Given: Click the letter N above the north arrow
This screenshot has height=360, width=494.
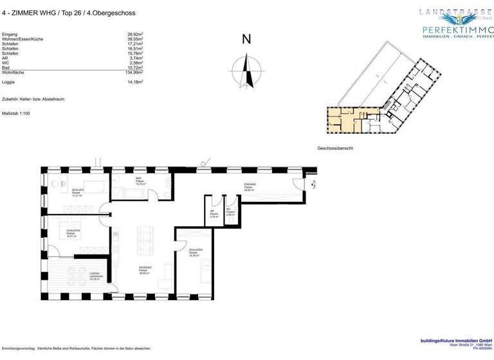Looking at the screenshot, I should point(246,39).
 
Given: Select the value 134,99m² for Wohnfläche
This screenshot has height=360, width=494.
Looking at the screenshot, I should point(134,73).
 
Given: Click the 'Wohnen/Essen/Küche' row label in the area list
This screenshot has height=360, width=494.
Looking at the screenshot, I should point(23,39).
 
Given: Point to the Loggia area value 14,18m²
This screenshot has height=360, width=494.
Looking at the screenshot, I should point(134,82).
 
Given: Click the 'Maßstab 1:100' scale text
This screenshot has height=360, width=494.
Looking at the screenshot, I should point(16,114).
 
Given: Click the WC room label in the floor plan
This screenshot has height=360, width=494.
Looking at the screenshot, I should point(230,213).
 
